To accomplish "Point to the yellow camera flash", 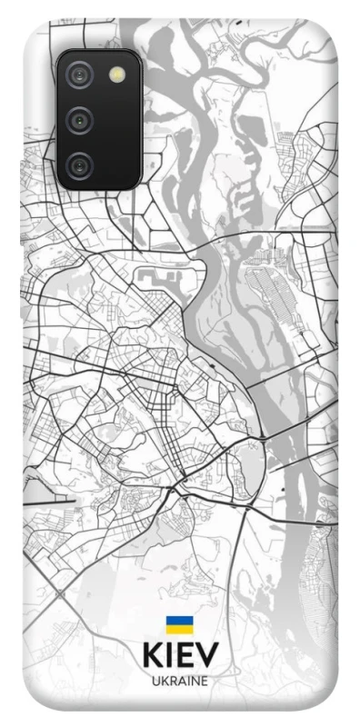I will (x=115, y=75).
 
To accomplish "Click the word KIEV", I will (x=179, y=656).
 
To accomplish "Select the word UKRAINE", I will (x=179, y=680).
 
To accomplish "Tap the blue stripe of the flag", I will (x=178, y=621).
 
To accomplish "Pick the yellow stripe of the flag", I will (x=178, y=629).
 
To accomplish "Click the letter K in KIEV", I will (x=152, y=656).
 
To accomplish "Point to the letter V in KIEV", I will (x=207, y=656).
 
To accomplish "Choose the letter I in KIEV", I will (x=168, y=656).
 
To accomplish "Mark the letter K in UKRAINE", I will (x=162, y=680).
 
